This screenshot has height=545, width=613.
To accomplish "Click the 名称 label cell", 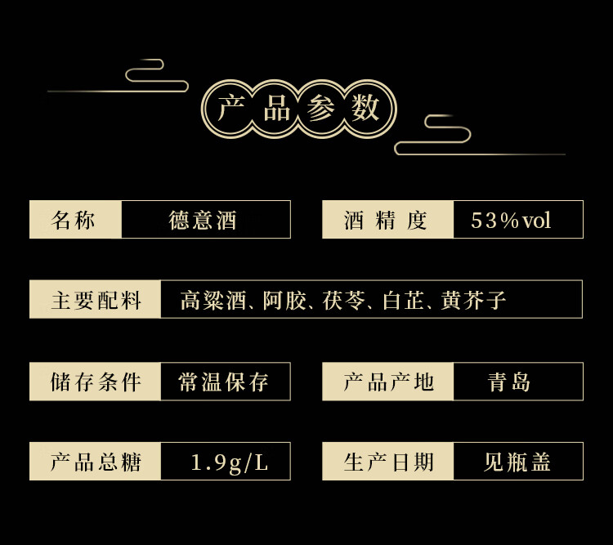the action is tap(74, 220).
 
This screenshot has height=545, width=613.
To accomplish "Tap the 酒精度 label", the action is tap(386, 220).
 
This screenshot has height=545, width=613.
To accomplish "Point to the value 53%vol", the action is tap(512, 220).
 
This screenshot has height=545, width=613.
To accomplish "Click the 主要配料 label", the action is tap(96, 300).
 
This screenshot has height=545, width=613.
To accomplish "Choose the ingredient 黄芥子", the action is tap(473, 300).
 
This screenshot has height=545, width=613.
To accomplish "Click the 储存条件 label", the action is tap(96, 382).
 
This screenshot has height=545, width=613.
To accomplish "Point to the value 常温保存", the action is tap(224, 382).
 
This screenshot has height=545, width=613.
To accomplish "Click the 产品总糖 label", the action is tap(96, 462).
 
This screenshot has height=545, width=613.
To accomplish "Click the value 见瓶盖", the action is tap(517, 462).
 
